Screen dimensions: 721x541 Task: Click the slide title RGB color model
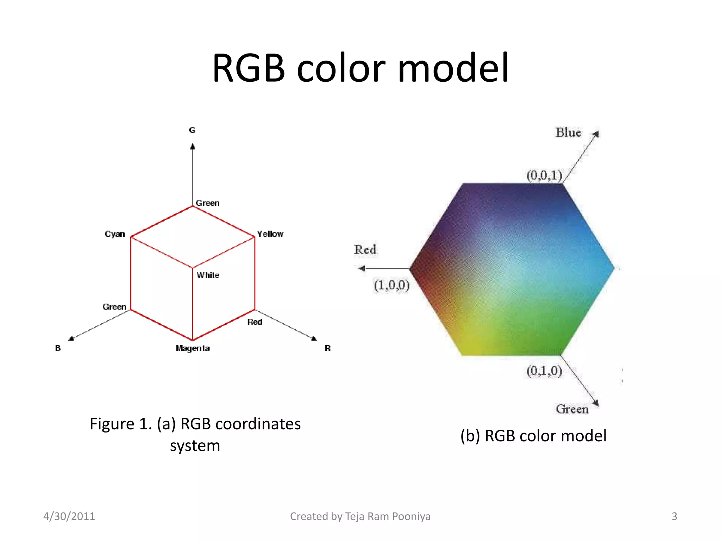point(360,68)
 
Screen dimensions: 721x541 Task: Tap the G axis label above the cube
point(192,130)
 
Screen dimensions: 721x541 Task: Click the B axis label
point(58,348)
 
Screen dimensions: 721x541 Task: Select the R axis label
point(328,348)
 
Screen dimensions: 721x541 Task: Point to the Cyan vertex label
point(115,234)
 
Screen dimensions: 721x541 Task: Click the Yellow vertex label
point(270,234)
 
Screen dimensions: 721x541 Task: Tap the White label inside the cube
point(208,275)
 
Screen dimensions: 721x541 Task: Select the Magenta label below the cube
point(193,348)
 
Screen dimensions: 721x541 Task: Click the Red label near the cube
point(255,322)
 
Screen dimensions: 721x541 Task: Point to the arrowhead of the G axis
point(193,146)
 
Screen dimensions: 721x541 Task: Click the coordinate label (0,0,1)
point(544,175)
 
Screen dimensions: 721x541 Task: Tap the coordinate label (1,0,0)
point(391,285)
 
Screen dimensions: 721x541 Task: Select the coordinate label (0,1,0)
point(544,371)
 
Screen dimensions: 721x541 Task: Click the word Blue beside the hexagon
point(568,132)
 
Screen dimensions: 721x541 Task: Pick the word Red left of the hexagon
point(365,249)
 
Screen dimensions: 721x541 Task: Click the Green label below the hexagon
point(572,409)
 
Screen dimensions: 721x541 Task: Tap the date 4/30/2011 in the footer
point(69,516)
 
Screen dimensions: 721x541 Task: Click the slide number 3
point(674,516)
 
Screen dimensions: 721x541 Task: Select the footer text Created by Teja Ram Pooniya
point(360,516)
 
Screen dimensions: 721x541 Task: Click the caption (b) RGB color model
point(533,436)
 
